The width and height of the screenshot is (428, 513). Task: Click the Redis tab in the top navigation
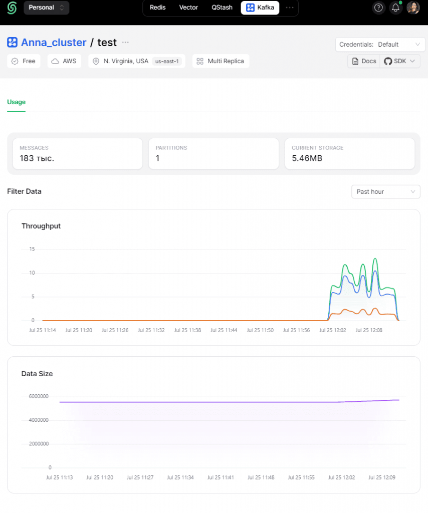[157, 8]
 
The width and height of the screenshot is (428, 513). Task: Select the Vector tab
[188, 8]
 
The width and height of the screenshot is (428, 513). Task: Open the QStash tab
[222, 8]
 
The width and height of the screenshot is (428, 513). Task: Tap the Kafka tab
[260, 8]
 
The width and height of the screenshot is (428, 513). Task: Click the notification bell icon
[395, 8]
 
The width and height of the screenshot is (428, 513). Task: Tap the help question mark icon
[378, 8]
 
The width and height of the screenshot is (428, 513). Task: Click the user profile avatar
[413, 8]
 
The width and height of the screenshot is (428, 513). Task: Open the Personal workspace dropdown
[47, 8]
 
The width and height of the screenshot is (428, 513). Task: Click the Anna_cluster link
[54, 43]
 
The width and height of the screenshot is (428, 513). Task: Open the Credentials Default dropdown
[380, 45]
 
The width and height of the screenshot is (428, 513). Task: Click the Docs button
[364, 61]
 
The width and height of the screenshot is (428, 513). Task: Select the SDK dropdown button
[400, 61]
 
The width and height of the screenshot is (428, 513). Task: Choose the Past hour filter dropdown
[386, 192]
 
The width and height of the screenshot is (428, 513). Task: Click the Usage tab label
[17, 102]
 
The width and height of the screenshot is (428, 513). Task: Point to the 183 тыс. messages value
[37, 158]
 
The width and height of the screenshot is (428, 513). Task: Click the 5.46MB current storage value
[307, 158]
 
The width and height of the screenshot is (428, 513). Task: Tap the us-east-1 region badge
[167, 61]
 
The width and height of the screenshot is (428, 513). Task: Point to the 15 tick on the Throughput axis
[32, 249]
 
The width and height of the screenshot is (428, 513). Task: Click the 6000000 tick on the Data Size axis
[39, 397]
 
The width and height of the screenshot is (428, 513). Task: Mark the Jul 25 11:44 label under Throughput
[224, 331]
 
